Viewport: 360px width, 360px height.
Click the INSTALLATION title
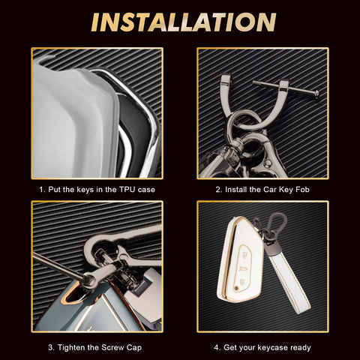pos(184,22)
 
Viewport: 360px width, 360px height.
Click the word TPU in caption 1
pos(127,190)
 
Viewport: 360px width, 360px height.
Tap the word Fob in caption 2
pos(302,190)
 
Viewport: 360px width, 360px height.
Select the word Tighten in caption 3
pos(72,347)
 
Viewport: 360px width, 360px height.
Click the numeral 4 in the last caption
pos(217,347)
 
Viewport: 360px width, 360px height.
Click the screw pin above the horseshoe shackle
pos(286,88)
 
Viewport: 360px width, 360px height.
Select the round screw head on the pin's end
pos(316,94)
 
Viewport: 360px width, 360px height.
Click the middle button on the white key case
pos(242,268)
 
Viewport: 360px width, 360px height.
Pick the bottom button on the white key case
pos(241,283)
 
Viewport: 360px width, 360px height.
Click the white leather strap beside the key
pos(289,282)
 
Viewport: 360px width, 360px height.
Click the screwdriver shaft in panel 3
pos(58,265)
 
